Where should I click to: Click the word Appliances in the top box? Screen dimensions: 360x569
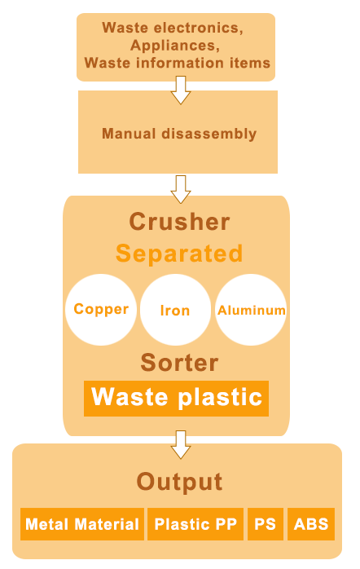[175, 46]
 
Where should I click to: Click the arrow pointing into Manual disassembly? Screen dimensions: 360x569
[181, 90]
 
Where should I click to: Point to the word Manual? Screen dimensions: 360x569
[129, 133]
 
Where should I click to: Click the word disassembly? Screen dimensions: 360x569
[209, 134]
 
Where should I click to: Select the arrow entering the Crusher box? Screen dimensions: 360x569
[181, 189]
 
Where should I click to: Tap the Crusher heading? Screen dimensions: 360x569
[179, 222]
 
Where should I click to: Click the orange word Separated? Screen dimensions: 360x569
[179, 253]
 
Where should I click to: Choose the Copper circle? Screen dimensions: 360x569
[101, 310]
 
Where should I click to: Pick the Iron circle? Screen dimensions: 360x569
[175, 310]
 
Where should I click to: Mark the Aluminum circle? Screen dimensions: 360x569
[251, 310]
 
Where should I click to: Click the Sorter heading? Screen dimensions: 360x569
[179, 362]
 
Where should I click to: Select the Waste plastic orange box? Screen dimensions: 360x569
[176, 399]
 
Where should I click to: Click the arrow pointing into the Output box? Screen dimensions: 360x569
[181, 444]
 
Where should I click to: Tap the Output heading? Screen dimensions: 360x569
[179, 482]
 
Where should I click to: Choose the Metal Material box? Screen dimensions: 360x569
[82, 524]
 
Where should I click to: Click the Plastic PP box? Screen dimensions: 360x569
[195, 524]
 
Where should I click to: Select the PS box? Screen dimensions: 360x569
[266, 524]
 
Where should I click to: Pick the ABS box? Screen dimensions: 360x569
[311, 524]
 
